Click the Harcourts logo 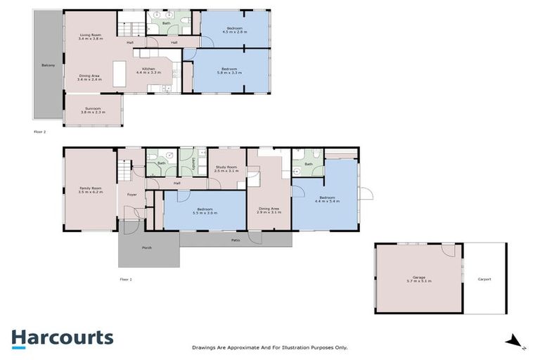[62, 337]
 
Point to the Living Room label [91, 37]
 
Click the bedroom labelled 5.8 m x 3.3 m [231, 70]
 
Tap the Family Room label [91, 190]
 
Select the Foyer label [131, 194]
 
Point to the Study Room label [226, 169]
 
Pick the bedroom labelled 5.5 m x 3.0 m [205, 211]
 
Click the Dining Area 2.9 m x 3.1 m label [269, 210]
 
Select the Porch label [147, 247]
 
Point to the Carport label [484, 279]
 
